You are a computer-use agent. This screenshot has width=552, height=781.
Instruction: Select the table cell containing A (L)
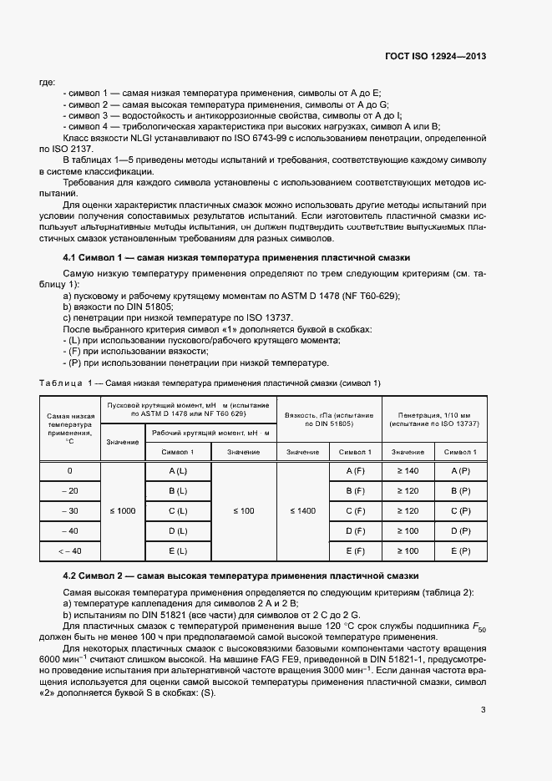click(x=178, y=471)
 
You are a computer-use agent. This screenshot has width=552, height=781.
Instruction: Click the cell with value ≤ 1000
click(x=123, y=510)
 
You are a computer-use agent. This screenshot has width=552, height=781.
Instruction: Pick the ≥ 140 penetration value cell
click(x=408, y=471)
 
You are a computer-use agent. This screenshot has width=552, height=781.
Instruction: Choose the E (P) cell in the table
click(x=461, y=550)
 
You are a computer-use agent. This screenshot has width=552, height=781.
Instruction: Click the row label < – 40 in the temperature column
click(x=70, y=550)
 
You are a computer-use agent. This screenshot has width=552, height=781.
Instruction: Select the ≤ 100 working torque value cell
click(x=244, y=510)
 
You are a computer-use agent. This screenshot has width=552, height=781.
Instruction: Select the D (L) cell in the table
click(x=178, y=530)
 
